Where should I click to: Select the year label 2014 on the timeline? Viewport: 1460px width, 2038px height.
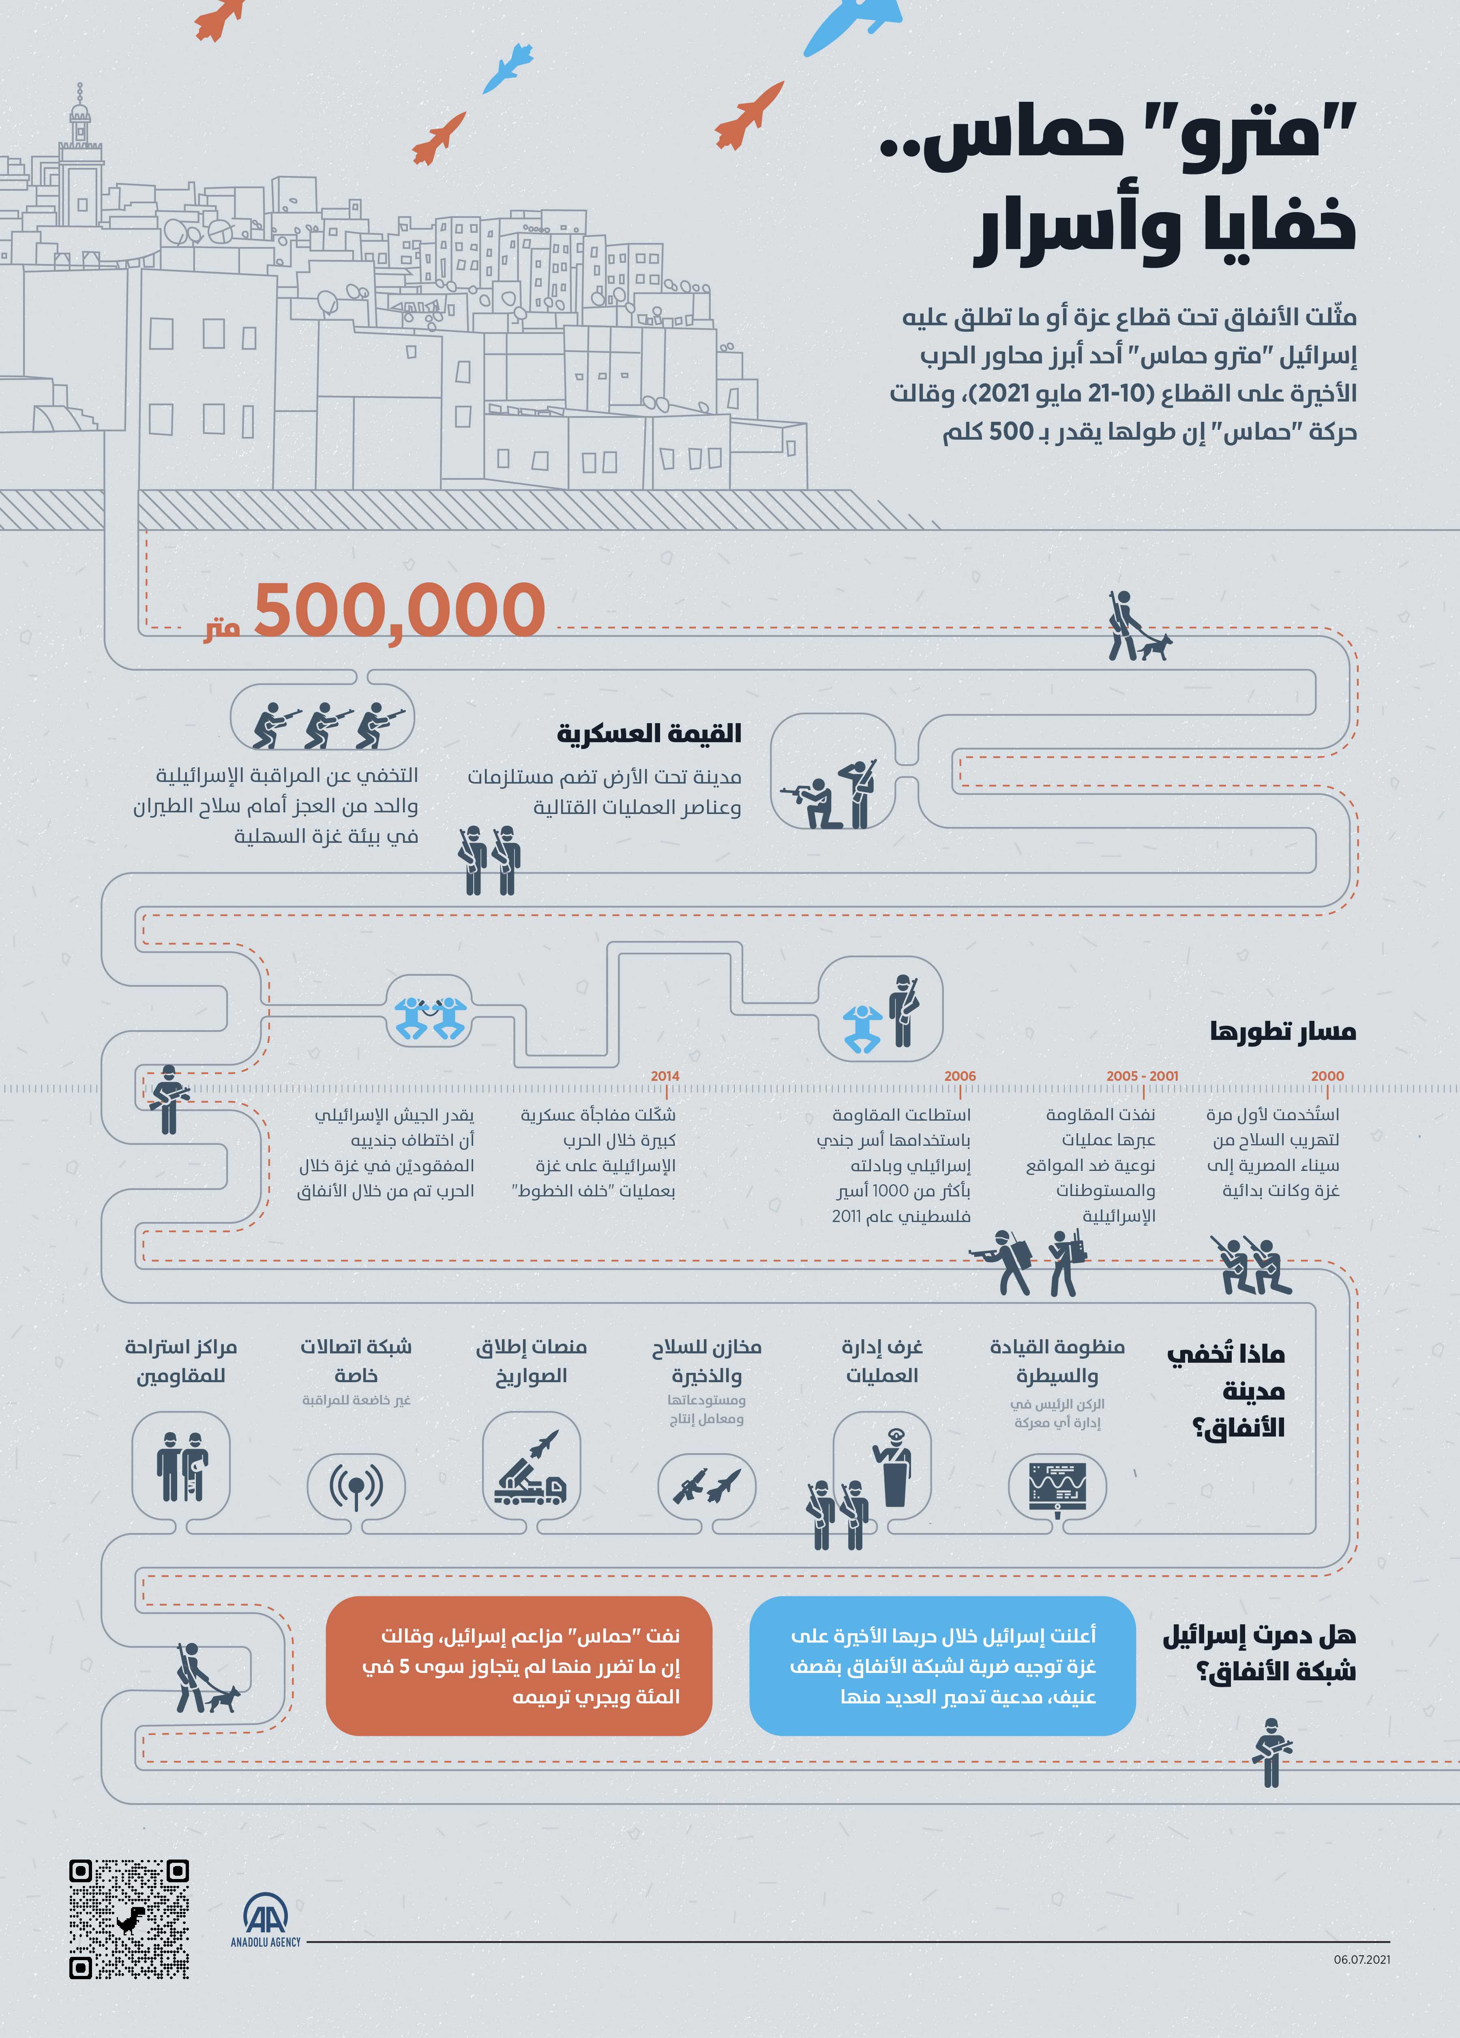[x=665, y=1076]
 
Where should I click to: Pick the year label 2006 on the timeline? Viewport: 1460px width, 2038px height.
[x=960, y=1076]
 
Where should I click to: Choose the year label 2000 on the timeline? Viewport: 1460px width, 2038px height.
[x=1327, y=1076]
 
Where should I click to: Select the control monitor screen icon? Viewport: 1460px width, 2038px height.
[x=1057, y=1487]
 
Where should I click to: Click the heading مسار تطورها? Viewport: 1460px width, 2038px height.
[x=1282, y=1031]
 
